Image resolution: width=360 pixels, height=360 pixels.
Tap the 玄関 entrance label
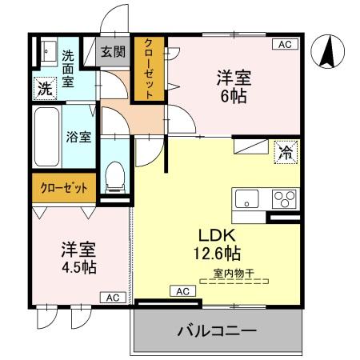point(113,53)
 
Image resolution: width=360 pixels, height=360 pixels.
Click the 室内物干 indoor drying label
point(234,274)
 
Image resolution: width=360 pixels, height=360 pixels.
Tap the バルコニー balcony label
point(216,330)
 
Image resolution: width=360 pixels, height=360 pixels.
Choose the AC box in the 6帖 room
point(284,45)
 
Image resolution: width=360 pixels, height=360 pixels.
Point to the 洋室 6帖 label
point(234,86)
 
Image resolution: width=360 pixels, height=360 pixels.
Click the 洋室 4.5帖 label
point(78,257)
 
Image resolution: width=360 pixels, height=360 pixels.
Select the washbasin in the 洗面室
point(47,49)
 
